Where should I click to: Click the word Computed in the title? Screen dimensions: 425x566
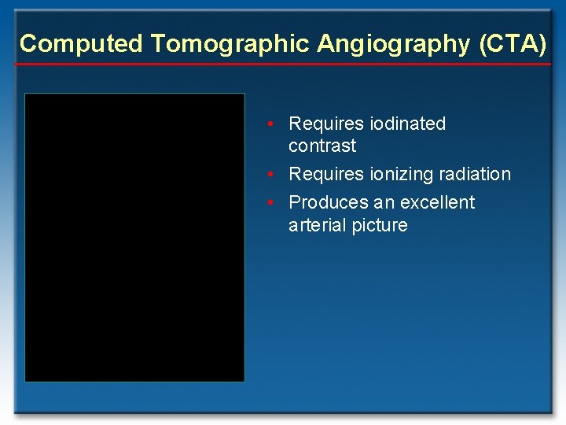pyautogui.click(x=81, y=43)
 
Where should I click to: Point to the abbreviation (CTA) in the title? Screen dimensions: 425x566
pyautogui.click(x=512, y=43)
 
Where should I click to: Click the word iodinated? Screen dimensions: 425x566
pyautogui.click(x=406, y=124)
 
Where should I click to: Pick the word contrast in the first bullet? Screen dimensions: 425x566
pyautogui.click(x=322, y=146)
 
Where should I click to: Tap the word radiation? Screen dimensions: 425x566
pyautogui.click(x=474, y=174)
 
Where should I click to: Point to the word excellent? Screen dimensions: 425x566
pyautogui.click(x=438, y=202)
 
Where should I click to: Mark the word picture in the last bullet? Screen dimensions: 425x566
pyautogui.click(x=380, y=225)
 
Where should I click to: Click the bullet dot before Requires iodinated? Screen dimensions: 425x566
pyautogui.click(x=270, y=124)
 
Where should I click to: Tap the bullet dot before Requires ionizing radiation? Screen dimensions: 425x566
pyautogui.click(x=270, y=175)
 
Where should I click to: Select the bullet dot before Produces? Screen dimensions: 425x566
pyautogui.click(x=270, y=203)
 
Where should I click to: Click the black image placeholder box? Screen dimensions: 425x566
pyautogui.click(x=134, y=237)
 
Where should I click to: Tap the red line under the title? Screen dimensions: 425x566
pyautogui.click(x=283, y=64)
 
